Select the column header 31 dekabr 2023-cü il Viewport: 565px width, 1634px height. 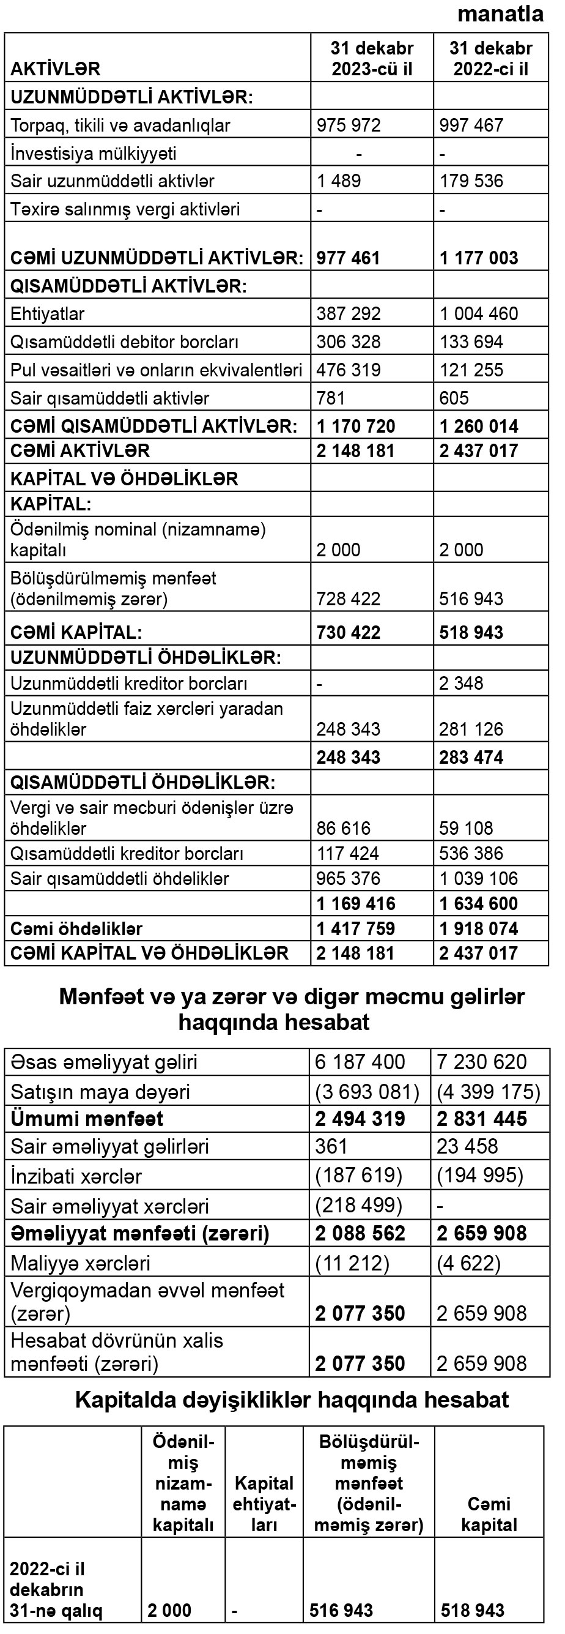372,58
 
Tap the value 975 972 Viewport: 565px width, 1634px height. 349,125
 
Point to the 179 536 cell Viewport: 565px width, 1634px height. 471,181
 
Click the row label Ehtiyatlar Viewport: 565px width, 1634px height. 48,314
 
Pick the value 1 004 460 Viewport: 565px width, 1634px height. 479,314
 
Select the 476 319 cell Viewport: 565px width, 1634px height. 349,370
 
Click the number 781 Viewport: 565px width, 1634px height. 331,398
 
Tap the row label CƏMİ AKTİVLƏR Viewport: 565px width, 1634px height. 80,451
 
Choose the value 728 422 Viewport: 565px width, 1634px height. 349,599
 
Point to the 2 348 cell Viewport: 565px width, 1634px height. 461,683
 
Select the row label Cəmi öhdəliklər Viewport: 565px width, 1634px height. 76,928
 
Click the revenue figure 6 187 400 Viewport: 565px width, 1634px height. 360,1062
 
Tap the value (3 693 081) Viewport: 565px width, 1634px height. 367,1092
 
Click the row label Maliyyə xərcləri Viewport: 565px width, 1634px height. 81,1264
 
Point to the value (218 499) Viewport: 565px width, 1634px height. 359,1205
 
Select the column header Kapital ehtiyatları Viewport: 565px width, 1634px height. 264,1504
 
